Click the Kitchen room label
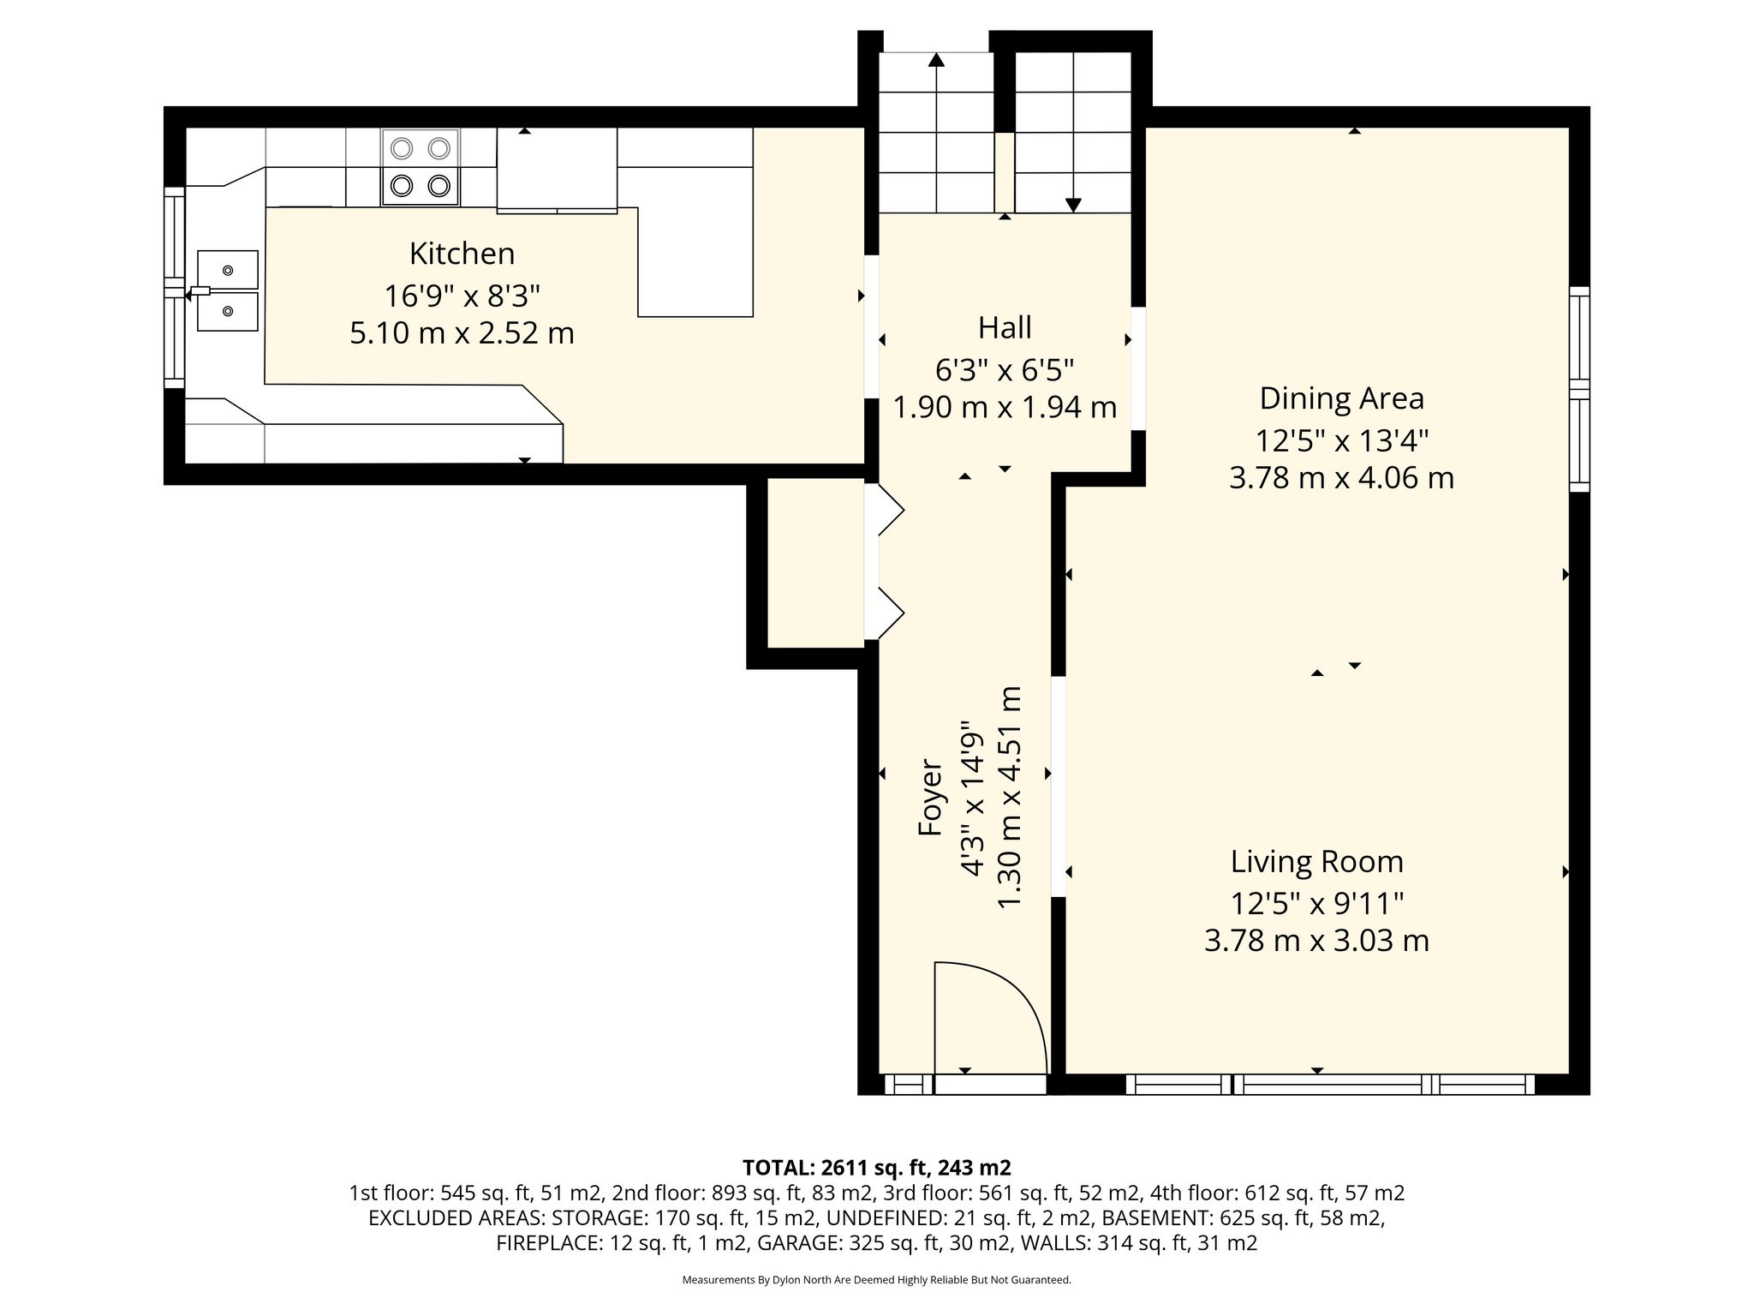[462, 254]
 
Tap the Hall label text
[1005, 327]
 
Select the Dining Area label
[1342, 398]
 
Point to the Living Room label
[1317, 862]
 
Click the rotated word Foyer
[929, 797]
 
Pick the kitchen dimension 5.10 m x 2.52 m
[462, 332]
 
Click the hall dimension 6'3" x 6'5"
[1005, 370]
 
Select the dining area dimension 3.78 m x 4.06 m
[1342, 477]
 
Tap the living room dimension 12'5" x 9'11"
[1317, 903]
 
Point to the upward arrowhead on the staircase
[936, 60]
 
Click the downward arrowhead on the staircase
[1073, 206]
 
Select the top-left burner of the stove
[402, 148]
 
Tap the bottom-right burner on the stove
[439, 185]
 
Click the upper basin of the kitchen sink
[228, 270]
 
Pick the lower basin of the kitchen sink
[228, 311]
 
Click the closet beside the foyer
[815, 562]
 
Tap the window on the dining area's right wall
[1579, 389]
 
